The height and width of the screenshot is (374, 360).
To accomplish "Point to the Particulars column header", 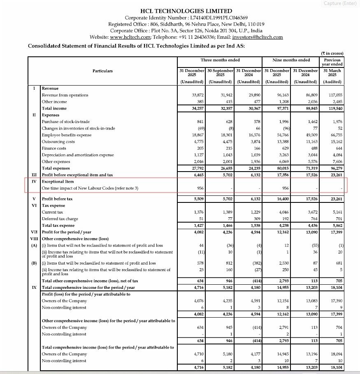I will tap(103, 71).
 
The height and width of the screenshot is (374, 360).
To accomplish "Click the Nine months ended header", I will tap(291, 60).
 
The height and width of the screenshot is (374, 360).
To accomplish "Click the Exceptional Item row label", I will tap(58, 181).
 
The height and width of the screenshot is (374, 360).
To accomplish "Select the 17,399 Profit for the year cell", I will tap(334, 232).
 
